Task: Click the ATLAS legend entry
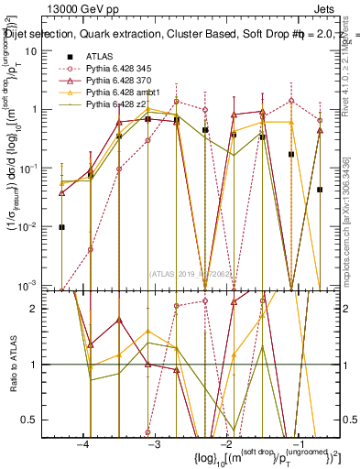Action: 98,56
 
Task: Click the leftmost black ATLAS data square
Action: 61,227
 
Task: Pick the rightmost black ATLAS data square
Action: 320,190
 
